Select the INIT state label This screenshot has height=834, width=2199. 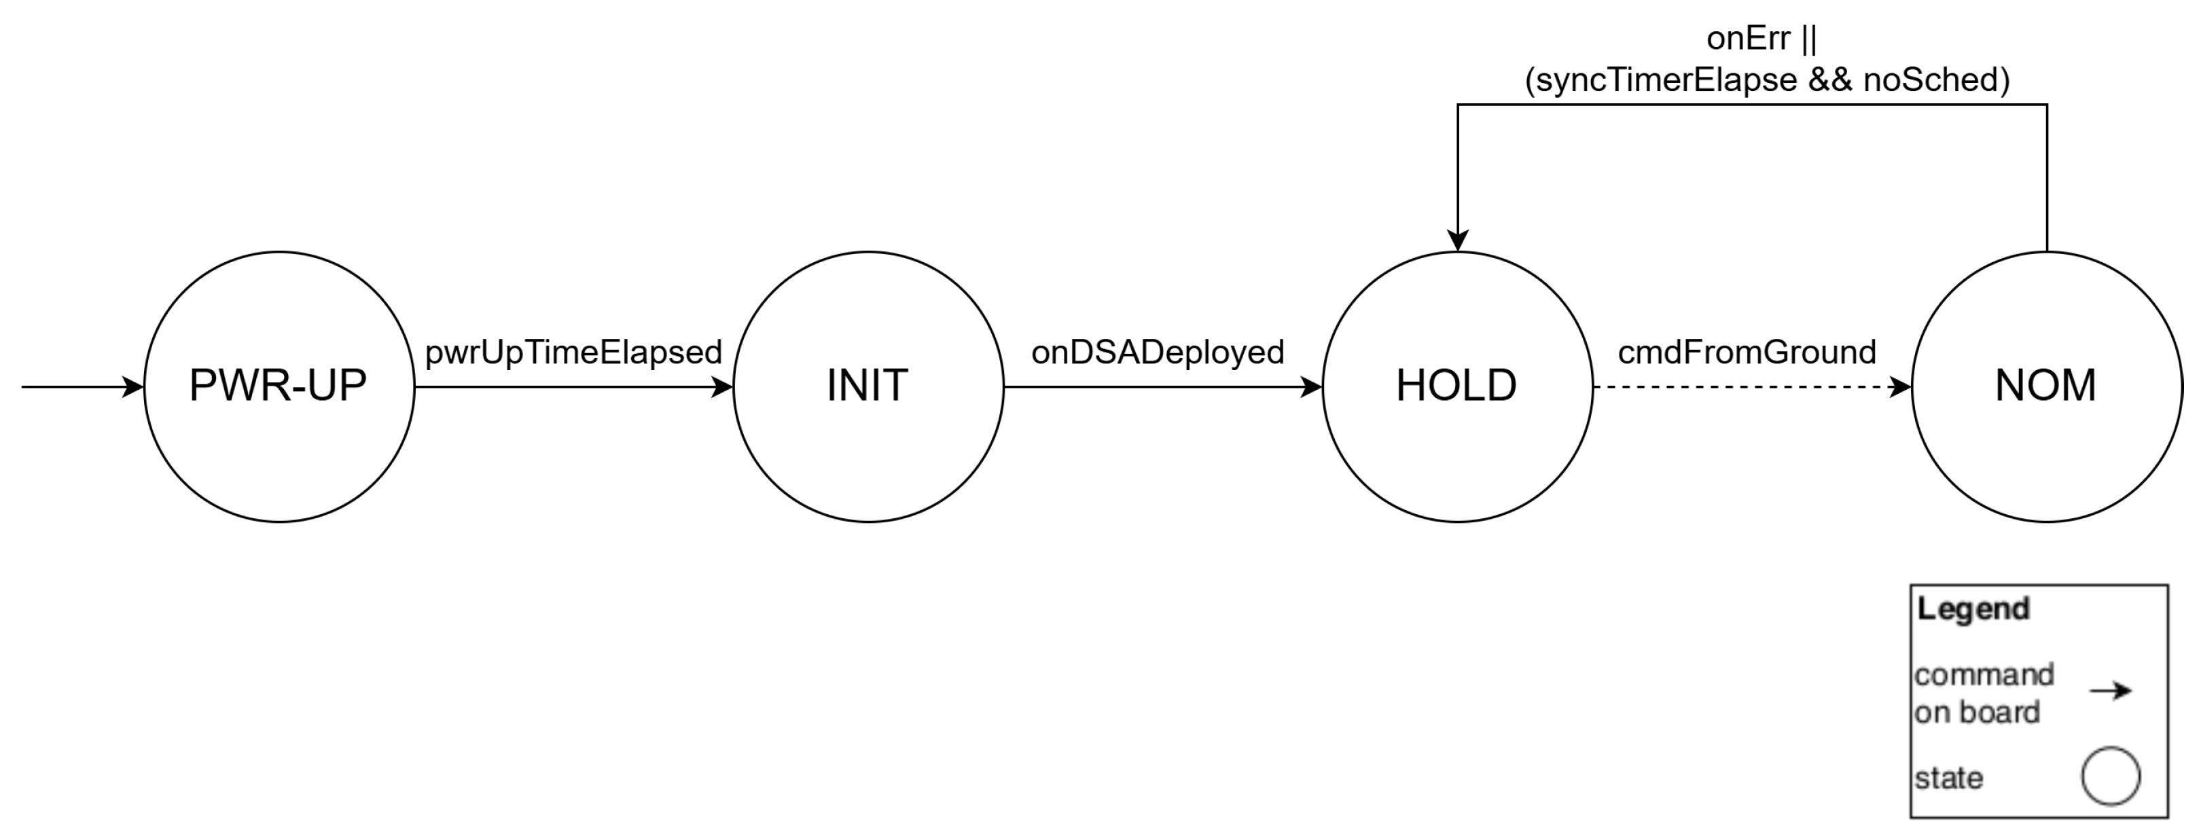click(x=868, y=386)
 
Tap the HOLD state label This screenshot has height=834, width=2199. click(x=1456, y=386)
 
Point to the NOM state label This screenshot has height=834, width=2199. click(x=2045, y=386)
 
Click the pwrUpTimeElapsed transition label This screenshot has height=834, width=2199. click(x=573, y=352)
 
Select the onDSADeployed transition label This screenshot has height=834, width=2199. click(x=1158, y=352)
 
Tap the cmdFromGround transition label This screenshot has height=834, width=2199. click(x=1747, y=352)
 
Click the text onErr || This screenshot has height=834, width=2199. click(x=1761, y=39)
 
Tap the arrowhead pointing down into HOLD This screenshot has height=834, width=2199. click(x=1458, y=240)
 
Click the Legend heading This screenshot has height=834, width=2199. click(x=1973, y=609)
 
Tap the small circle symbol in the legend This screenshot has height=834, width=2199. click(x=2110, y=776)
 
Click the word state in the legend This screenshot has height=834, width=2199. click(x=1948, y=778)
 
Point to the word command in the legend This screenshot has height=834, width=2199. click(x=1984, y=674)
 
